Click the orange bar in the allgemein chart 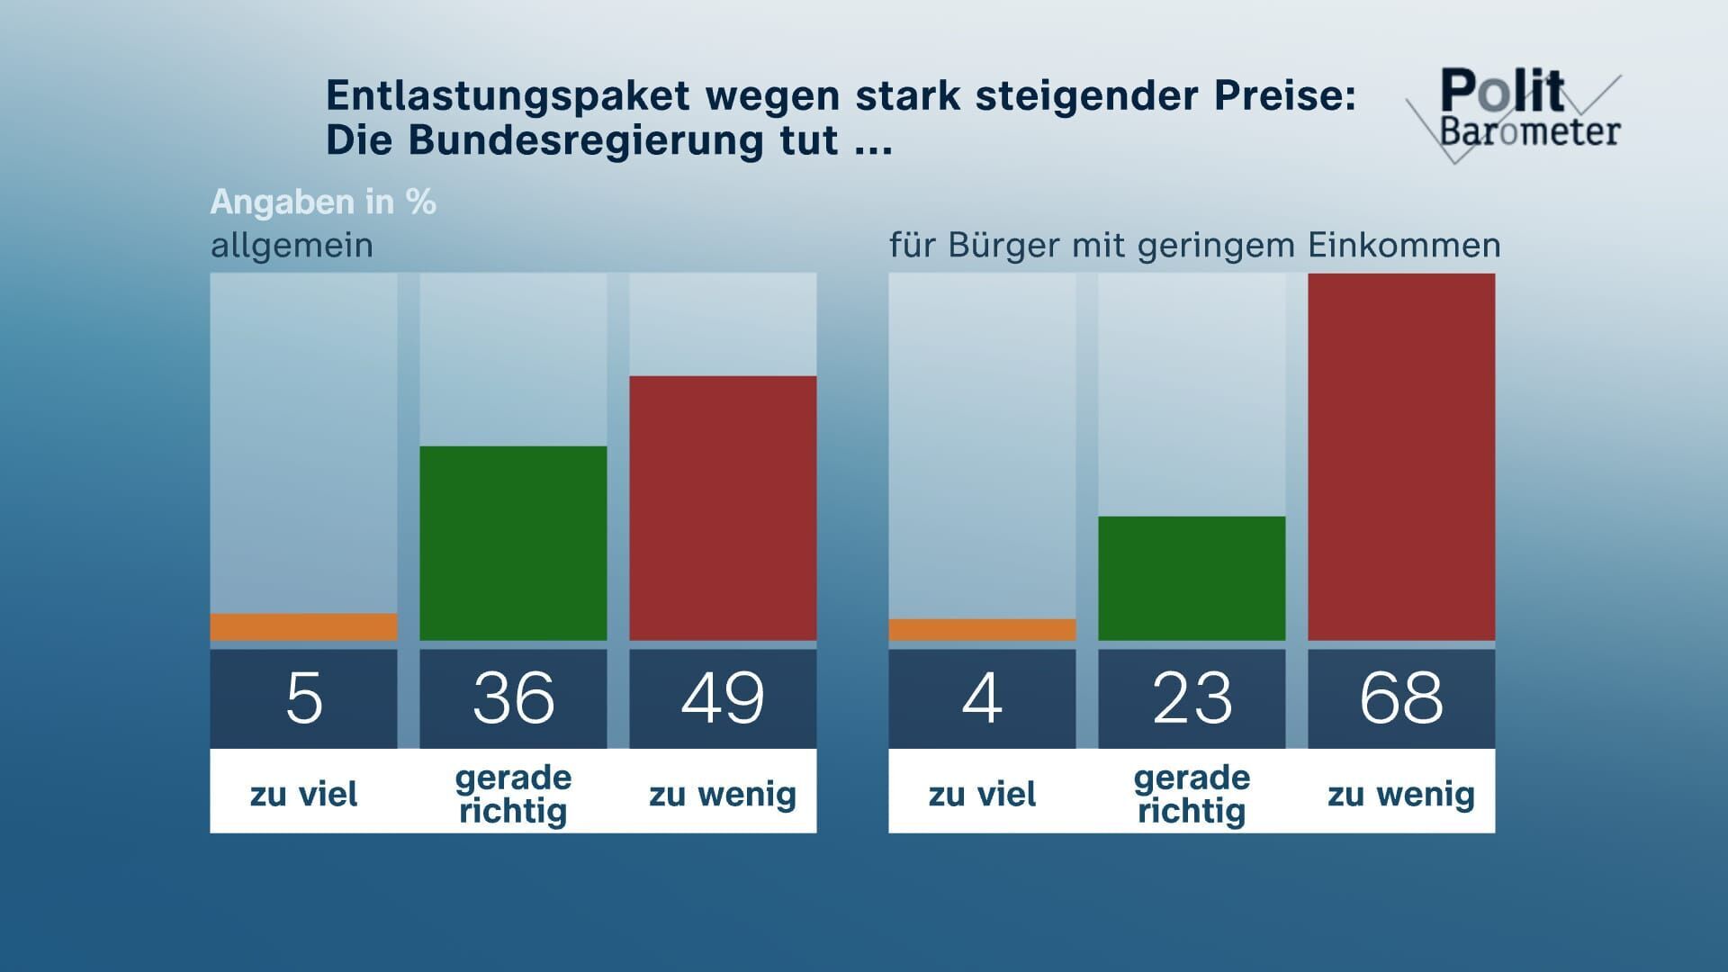point(303,627)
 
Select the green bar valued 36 point(513,544)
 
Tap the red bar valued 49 point(723,508)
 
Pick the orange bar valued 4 point(982,630)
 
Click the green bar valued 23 point(1192,579)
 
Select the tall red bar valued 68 point(1401,457)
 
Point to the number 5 point(304,698)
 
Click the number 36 point(513,698)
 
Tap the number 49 point(723,698)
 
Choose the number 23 point(1192,698)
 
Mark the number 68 point(1401,698)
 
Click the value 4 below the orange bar point(982,698)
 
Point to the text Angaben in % point(323,202)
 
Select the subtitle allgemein point(292,245)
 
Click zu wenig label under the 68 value point(1401,794)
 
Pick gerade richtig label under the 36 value point(513,794)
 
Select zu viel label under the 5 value point(304,794)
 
